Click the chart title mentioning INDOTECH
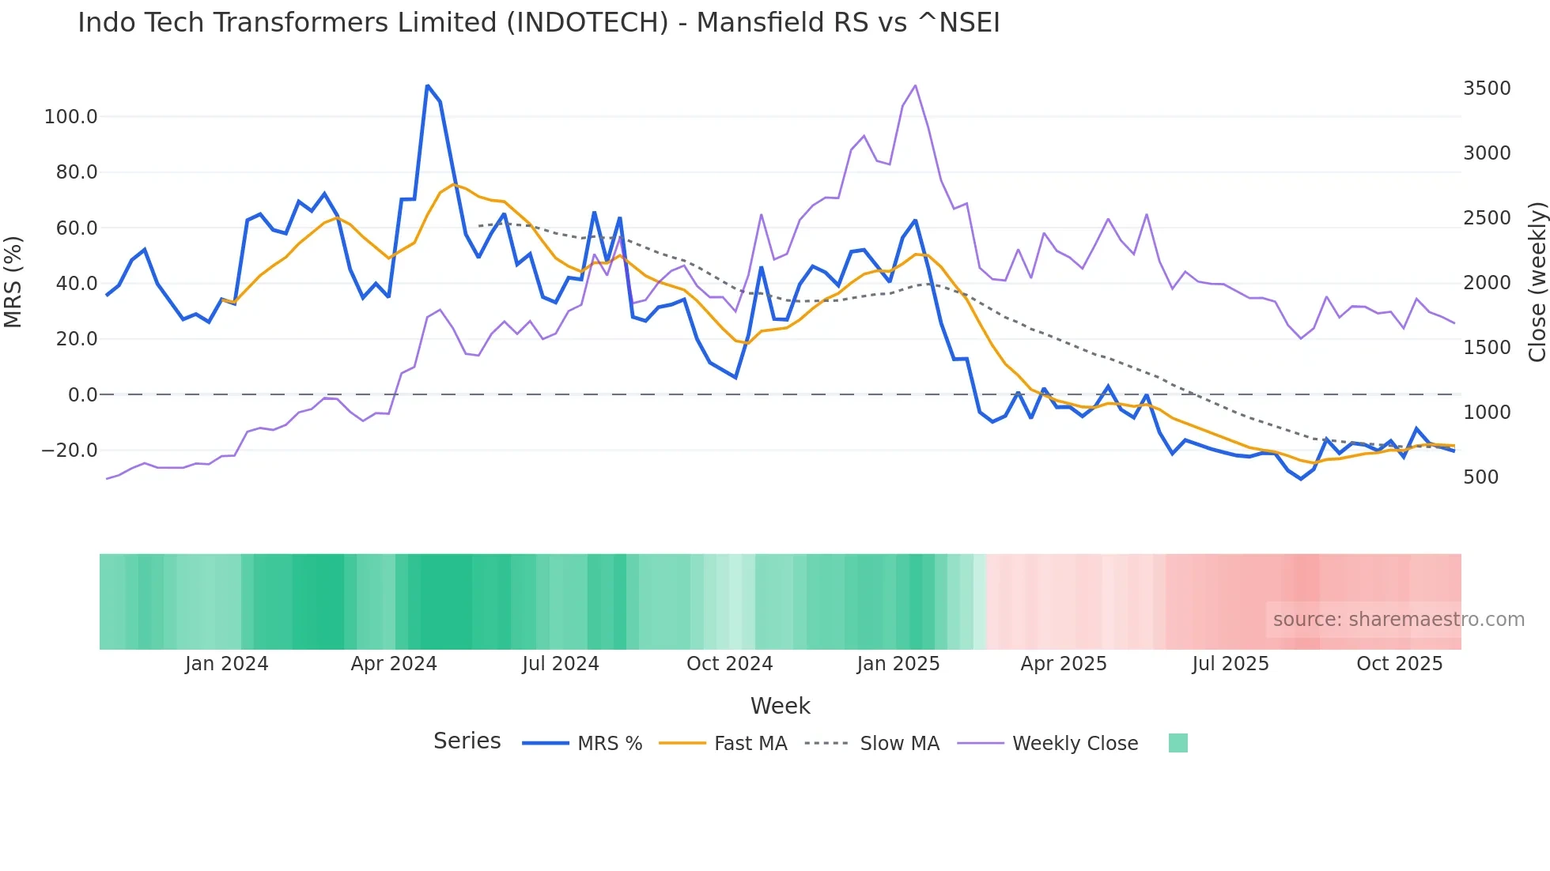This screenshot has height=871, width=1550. coord(539,23)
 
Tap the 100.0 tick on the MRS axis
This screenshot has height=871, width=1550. coord(70,117)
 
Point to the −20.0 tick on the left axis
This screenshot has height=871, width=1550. coord(69,451)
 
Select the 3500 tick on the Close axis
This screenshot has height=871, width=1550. coord(1487,89)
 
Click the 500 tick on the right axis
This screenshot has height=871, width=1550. coord(1480,477)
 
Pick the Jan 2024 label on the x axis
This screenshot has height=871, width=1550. coord(226,664)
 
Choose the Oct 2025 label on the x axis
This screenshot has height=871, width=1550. coord(1399,664)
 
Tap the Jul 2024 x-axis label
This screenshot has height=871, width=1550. coord(560,664)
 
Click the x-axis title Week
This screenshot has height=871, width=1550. coord(780,706)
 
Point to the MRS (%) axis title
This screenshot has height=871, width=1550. coord(13,281)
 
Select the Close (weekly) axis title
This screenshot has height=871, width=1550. coord(1537,281)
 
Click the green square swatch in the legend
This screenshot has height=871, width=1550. coord(1178,743)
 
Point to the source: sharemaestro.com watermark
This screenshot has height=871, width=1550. coord(1398,620)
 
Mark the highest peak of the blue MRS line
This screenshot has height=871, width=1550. coord(427,85)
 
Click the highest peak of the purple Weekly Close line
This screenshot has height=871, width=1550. coord(915,85)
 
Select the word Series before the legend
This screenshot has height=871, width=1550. coord(467,741)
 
